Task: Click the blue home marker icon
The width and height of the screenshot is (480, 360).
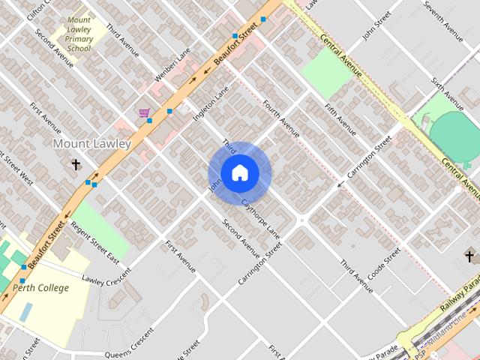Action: [239, 173]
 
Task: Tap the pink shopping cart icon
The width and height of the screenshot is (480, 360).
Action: [143, 113]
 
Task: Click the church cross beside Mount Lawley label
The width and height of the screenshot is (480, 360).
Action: [76, 163]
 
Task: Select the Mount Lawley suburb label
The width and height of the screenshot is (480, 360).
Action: [92, 143]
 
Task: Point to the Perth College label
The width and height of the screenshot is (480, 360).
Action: [40, 288]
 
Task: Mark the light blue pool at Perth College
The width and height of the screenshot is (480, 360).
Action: [26, 312]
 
